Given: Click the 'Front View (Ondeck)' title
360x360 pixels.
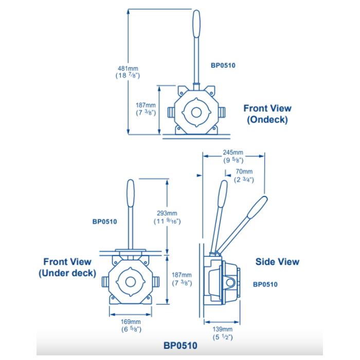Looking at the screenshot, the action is tap(267, 114).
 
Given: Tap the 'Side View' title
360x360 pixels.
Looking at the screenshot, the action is tap(277, 262).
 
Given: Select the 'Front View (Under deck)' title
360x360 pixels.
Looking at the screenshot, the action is tap(67, 267).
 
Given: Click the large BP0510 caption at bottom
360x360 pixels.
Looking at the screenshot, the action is tap(180, 346).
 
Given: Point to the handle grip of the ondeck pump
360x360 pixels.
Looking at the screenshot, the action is tap(196, 24).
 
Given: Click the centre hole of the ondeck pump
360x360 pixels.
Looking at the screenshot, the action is tap(196, 113).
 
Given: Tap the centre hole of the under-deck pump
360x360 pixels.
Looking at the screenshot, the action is tap(131, 282).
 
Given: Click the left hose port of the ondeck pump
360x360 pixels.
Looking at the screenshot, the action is tap(171, 112).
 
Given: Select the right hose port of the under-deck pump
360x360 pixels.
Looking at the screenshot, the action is tap(156, 282).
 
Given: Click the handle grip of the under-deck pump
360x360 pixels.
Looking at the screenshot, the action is tap(131, 193).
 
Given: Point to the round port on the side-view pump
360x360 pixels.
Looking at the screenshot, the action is tap(230, 282).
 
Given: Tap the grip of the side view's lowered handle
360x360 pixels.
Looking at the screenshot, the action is tap(258, 207).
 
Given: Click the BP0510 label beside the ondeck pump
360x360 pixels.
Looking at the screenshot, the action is tap(223, 65).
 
